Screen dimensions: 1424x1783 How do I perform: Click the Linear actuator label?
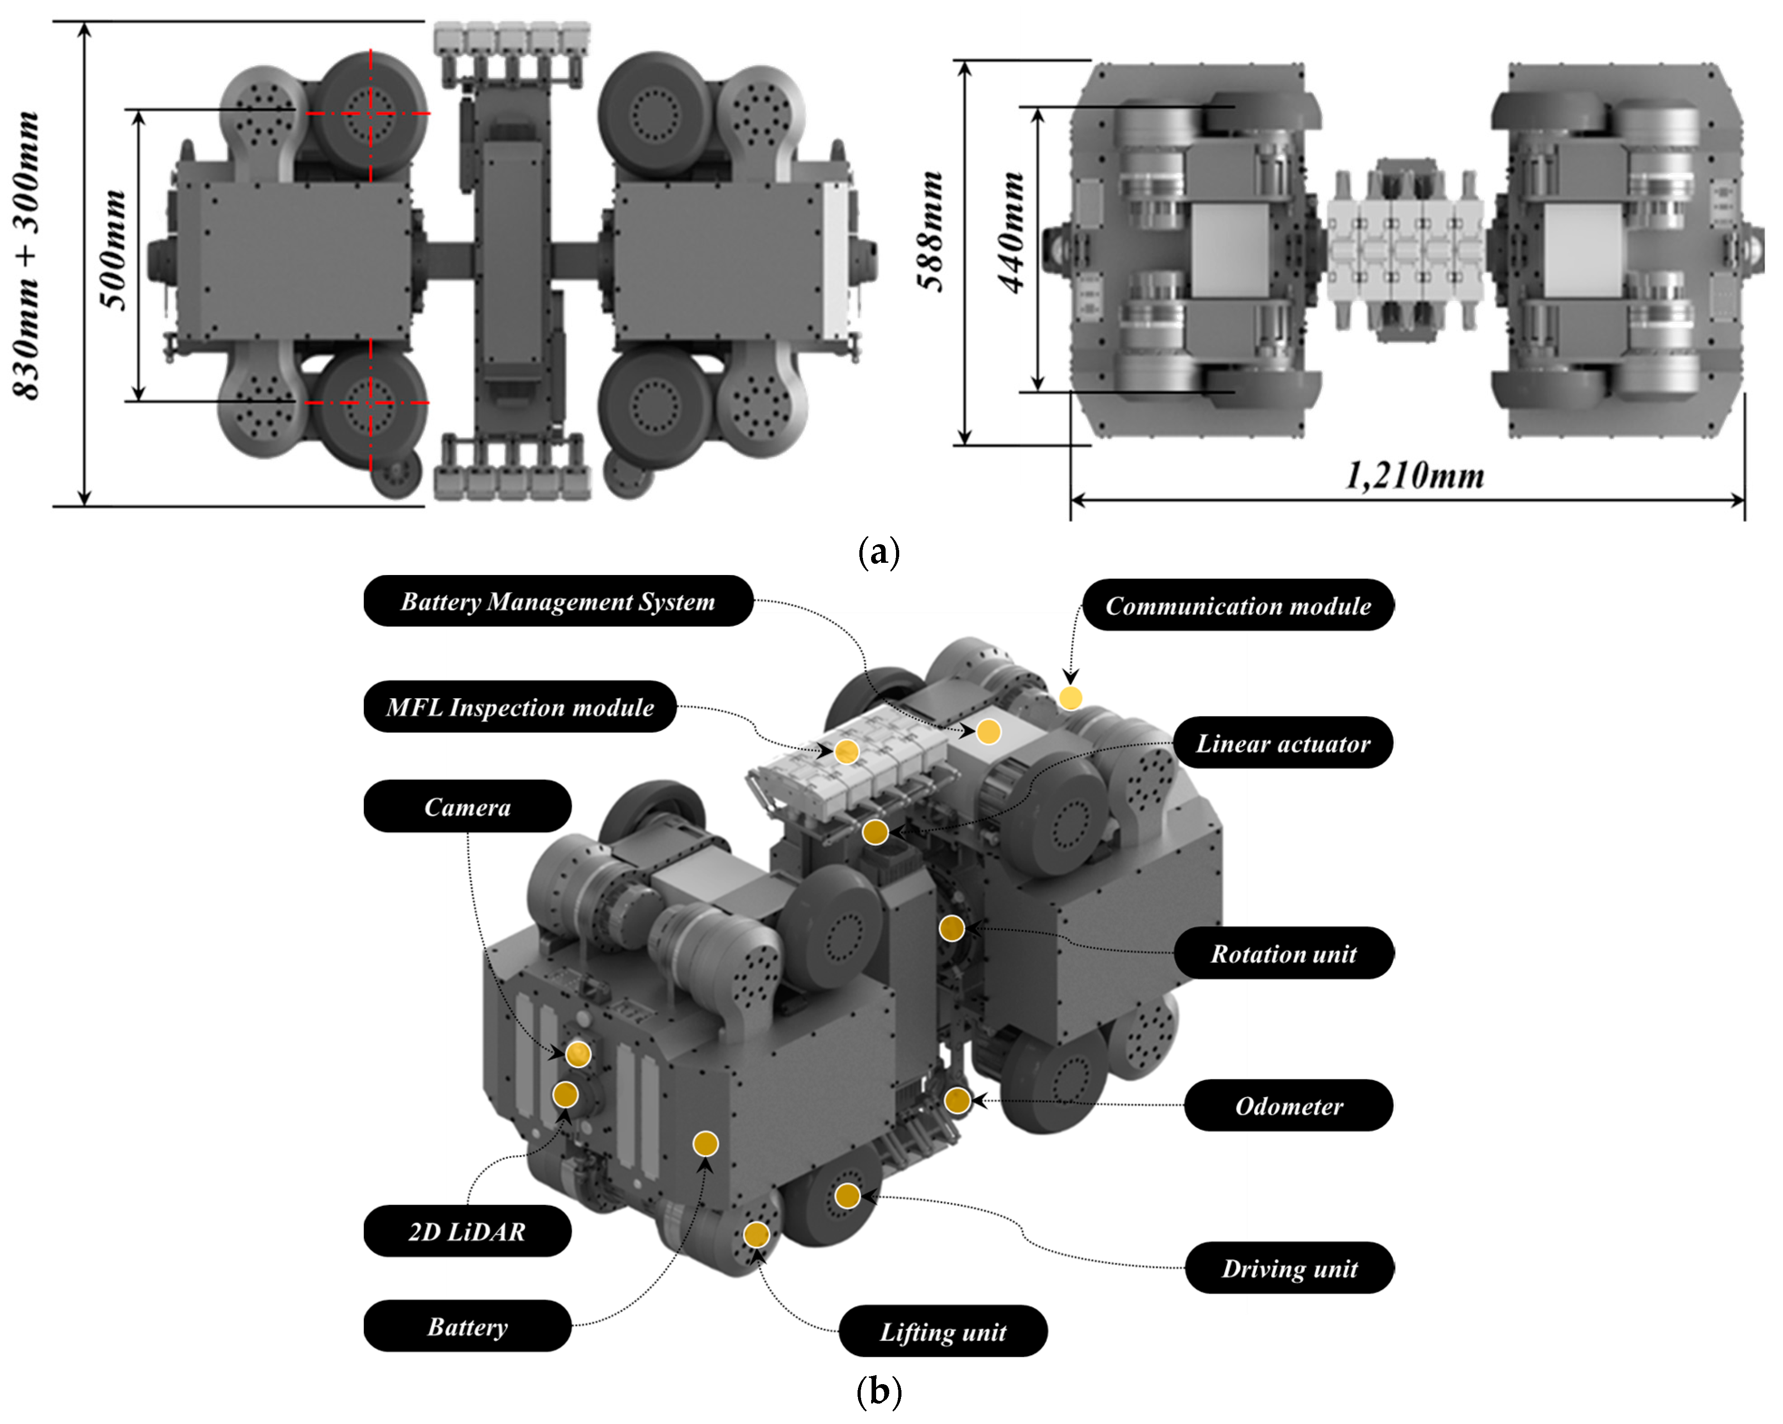tap(1283, 743)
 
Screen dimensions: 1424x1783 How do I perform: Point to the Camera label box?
tap(467, 806)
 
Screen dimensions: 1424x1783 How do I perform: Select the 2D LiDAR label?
tap(467, 1231)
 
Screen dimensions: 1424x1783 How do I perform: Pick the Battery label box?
tap(467, 1326)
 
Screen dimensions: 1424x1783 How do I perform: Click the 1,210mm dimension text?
tap(1415, 475)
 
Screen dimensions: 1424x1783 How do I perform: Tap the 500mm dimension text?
tap(115, 250)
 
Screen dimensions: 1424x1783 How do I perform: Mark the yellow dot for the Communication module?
tap(1070, 698)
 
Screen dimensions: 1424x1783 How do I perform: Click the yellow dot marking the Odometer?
tap(957, 1100)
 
